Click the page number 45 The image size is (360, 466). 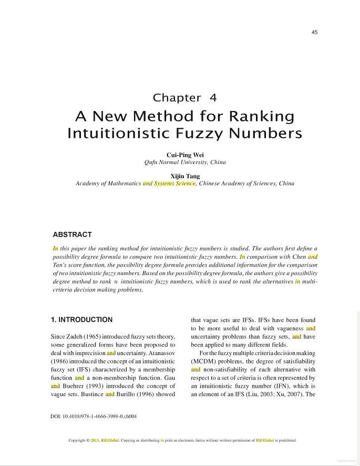[314, 32]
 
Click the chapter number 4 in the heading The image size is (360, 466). [213, 98]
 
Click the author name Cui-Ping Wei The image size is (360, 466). [185, 155]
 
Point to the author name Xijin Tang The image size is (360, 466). [185, 176]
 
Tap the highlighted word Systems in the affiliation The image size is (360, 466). [164, 184]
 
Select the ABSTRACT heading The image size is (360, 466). [73, 235]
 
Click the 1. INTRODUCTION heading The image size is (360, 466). [81, 320]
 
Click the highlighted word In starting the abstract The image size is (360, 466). [55, 248]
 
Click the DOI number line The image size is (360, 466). [94, 416]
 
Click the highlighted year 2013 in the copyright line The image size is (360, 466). [95, 441]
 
